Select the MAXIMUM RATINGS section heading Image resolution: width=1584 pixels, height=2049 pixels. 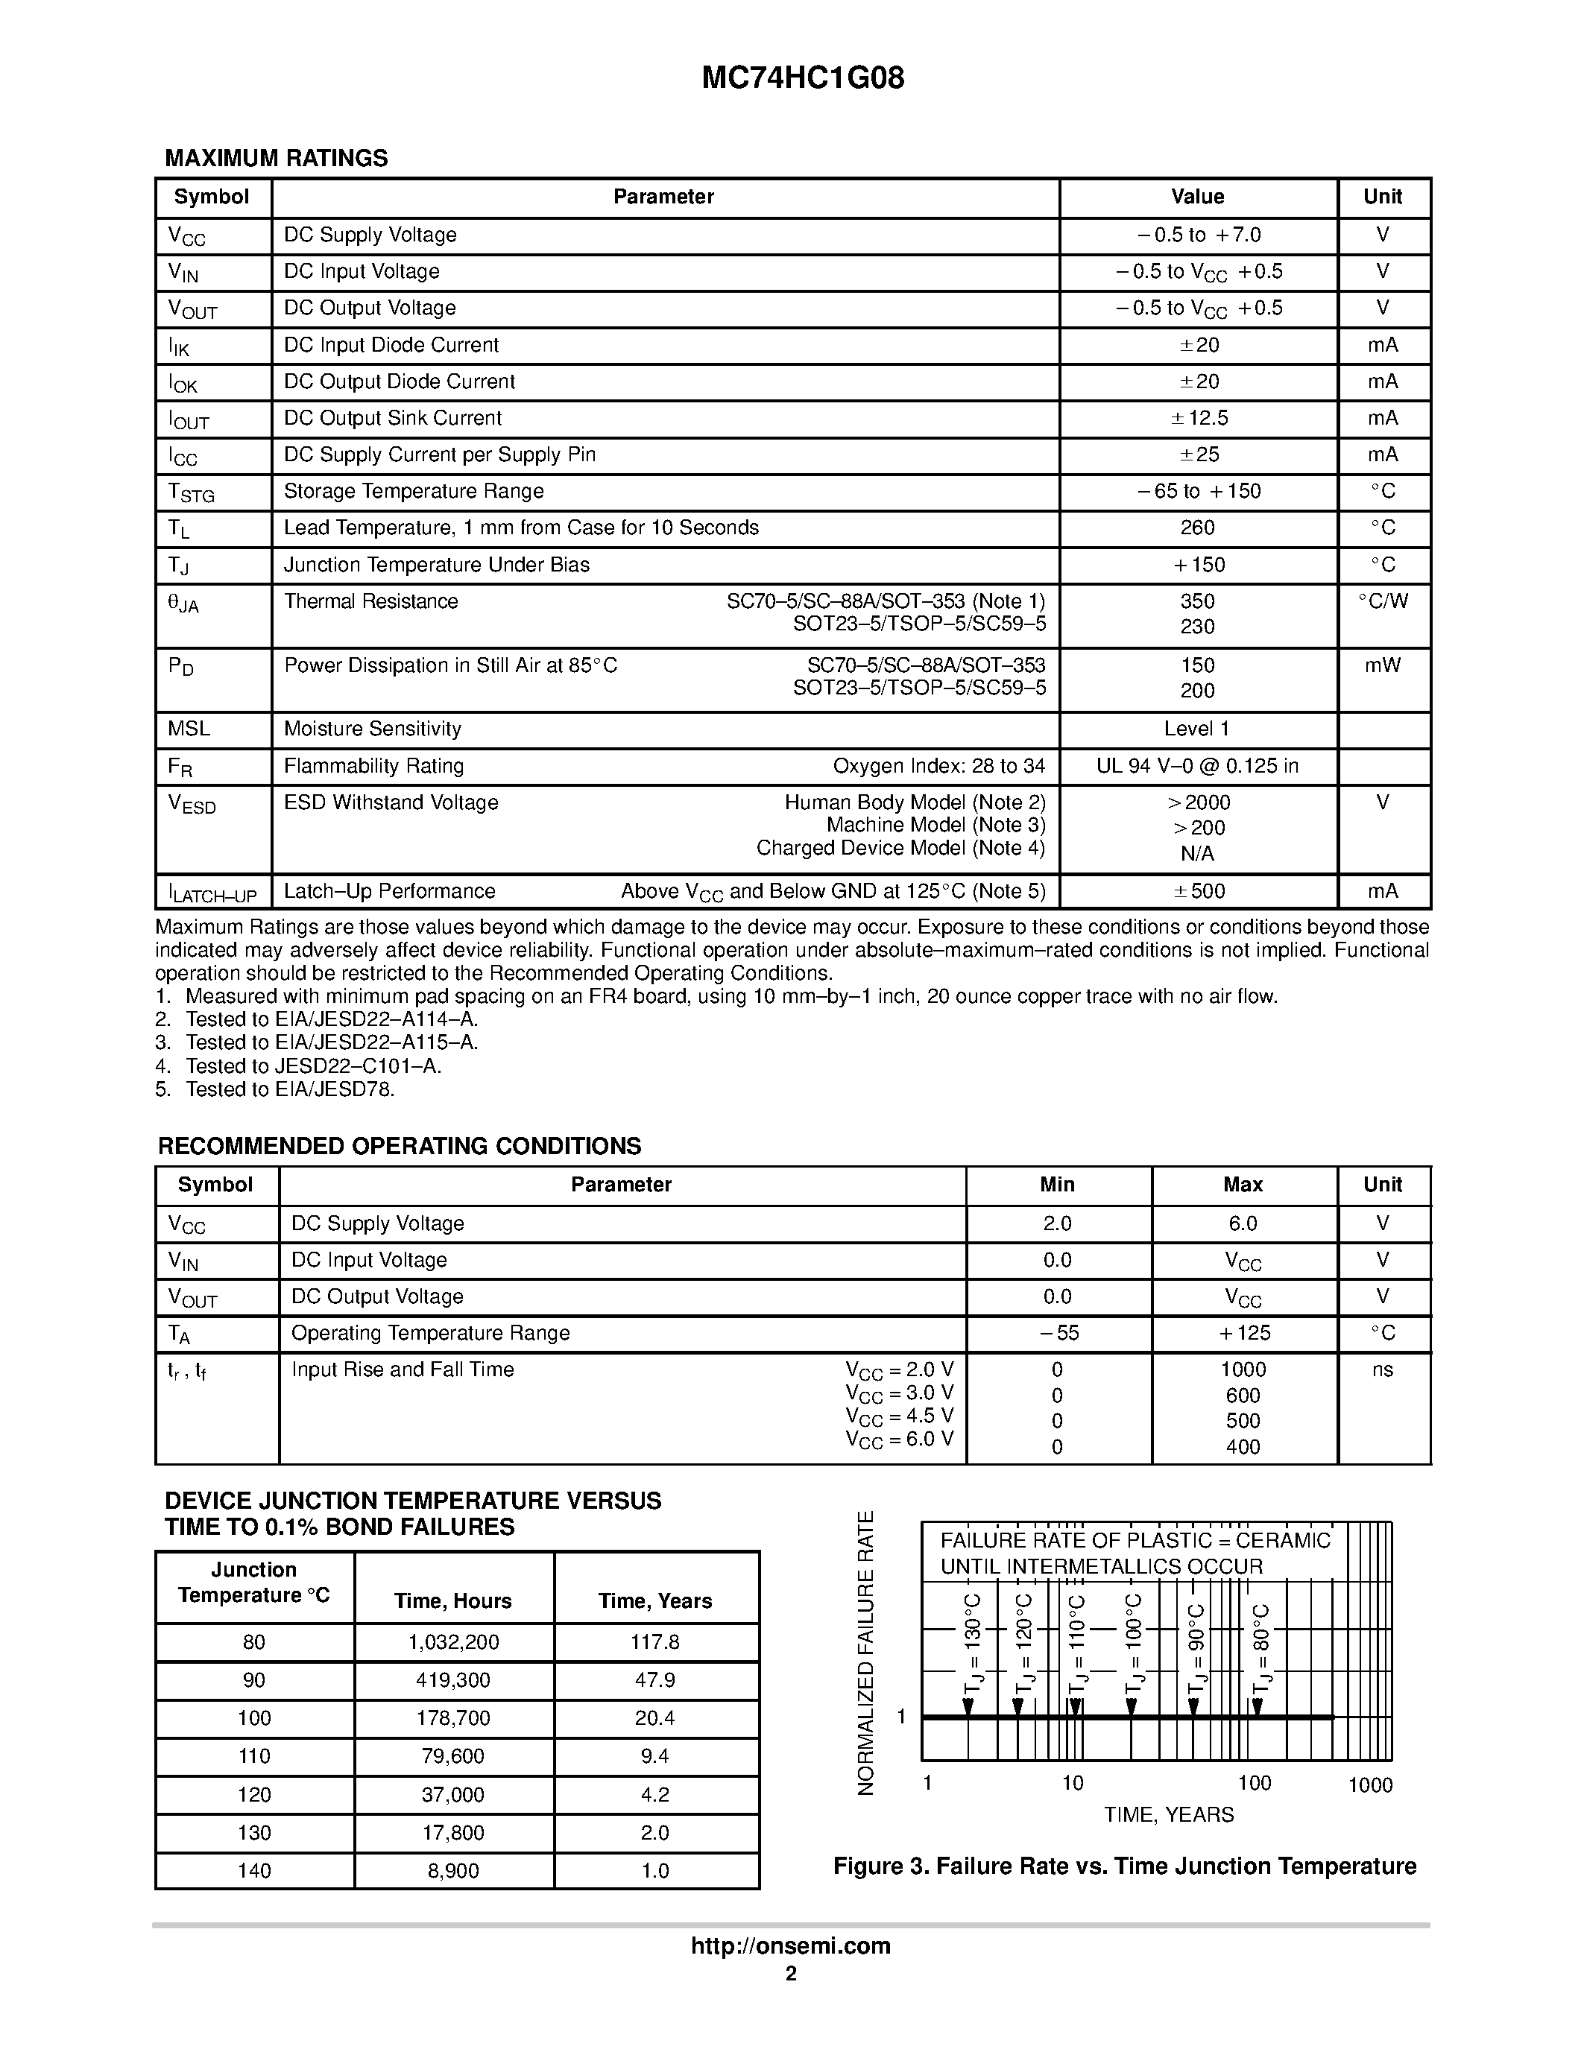pos(276,158)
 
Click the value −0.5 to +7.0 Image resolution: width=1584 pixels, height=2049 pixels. pos(1197,235)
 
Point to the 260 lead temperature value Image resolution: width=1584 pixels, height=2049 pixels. pos(1197,528)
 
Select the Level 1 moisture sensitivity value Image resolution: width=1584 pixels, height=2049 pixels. pos(1196,729)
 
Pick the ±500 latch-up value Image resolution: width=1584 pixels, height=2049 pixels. pos(1199,891)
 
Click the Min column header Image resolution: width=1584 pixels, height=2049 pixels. pos(1057,1185)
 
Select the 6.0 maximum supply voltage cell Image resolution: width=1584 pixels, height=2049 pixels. pos(1243,1223)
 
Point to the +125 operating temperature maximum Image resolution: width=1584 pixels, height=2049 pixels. pos(1243,1333)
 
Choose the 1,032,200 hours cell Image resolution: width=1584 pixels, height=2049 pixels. pos(453,1642)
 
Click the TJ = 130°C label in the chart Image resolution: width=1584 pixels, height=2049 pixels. pos(972,1642)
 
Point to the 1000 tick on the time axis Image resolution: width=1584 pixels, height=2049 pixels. pos(1369,1785)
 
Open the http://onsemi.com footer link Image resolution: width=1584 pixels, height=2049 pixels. pos(790,1945)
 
